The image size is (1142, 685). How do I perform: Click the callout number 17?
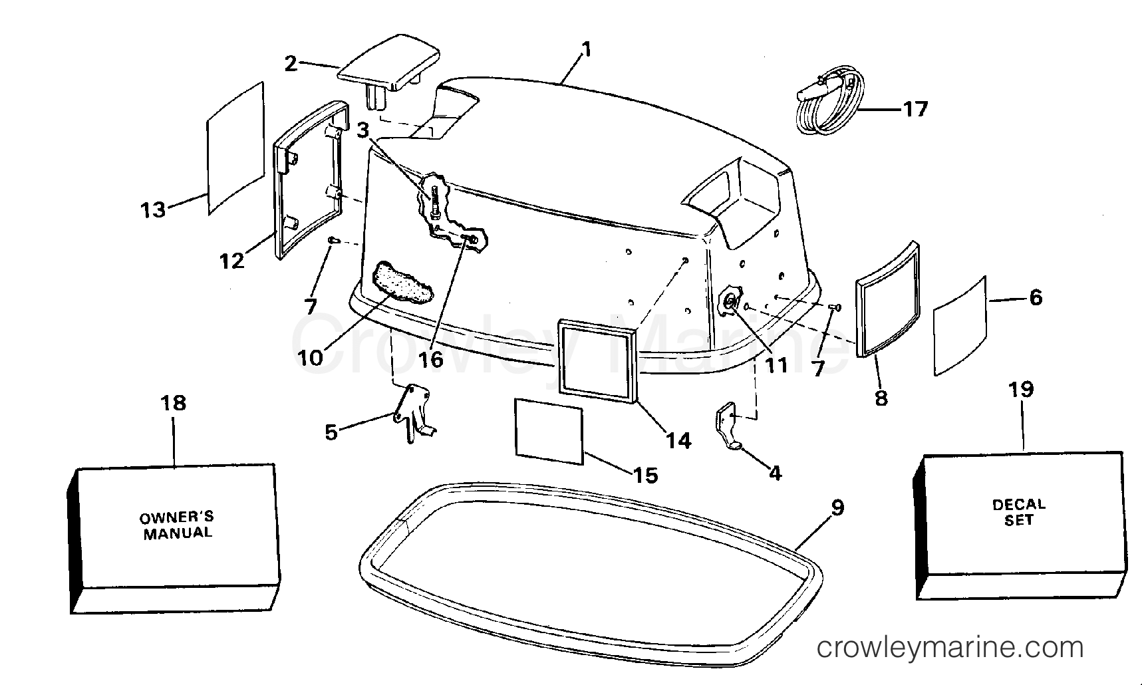tap(915, 108)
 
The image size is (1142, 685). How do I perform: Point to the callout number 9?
tap(838, 507)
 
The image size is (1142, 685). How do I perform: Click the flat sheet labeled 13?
tap(236, 148)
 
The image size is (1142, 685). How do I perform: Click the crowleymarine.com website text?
tap(950, 647)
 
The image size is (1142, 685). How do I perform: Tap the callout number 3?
tap(362, 131)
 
